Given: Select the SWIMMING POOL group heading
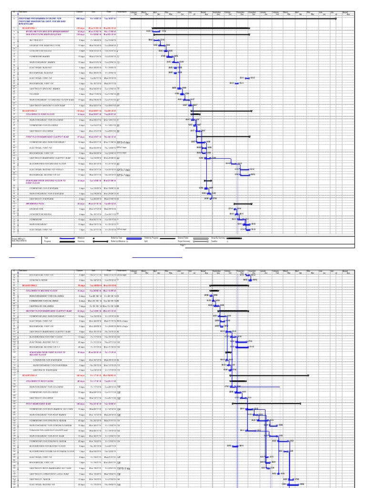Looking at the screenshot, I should [x=35, y=203].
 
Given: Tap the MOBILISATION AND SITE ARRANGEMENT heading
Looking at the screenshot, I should [x=47, y=31].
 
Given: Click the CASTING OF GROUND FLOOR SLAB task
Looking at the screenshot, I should [x=47, y=105].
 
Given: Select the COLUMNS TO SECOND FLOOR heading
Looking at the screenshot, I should [x=44, y=290].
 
